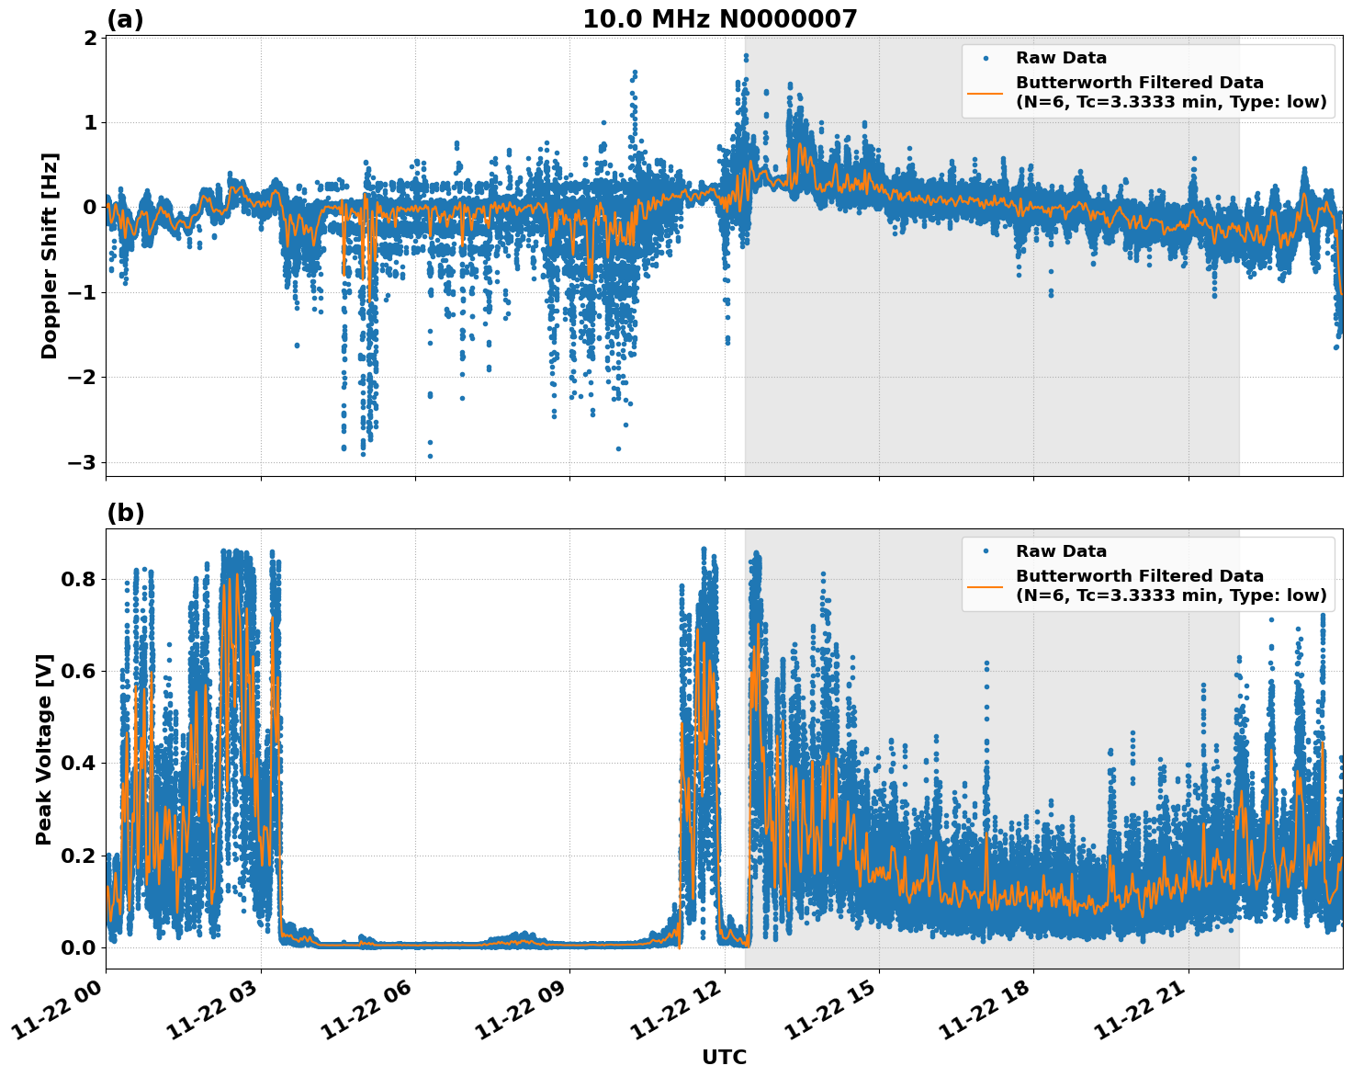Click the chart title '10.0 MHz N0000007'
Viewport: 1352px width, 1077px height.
coord(719,18)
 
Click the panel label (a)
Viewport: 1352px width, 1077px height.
coord(125,19)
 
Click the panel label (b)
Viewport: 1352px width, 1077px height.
coord(125,513)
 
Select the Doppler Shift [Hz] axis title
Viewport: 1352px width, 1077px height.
coord(50,255)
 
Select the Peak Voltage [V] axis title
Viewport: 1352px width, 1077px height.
coord(44,749)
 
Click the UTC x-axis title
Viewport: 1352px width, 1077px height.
coord(724,1057)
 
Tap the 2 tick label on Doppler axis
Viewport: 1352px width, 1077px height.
coord(90,38)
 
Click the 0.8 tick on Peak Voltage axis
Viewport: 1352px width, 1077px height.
coord(79,579)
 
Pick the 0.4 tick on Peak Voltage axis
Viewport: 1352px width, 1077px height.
coord(79,763)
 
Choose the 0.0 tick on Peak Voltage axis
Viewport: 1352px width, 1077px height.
coord(79,947)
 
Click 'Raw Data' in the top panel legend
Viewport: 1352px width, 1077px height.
coord(1061,58)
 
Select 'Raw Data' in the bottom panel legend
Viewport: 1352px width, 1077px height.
coord(1061,551)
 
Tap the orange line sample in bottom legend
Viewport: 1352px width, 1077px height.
coord(986,586)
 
